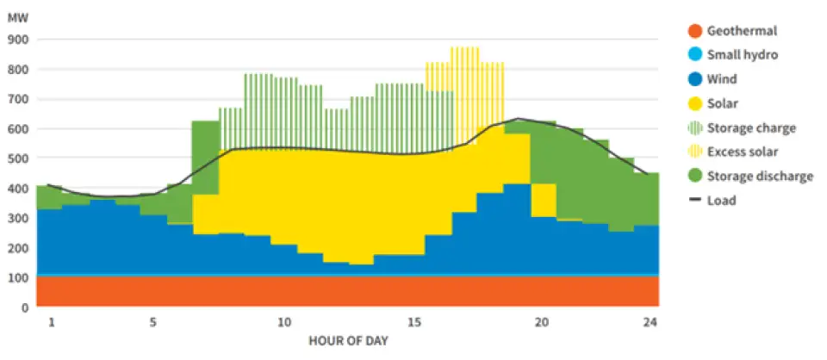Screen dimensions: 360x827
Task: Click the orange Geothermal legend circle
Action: pyautogui.click(x=694, y=31)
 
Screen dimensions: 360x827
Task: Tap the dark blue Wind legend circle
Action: pyautogui.click(x=694, y=79)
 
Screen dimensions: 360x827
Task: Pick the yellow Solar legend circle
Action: pyautogui.click(x=694, y=103)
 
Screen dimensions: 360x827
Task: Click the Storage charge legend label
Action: pyautogui.click(x=751, y=127)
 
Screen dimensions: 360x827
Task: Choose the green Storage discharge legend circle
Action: pyautogui.click(x=694, y=176)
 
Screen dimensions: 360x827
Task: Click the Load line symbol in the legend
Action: pyautogui.click(x=694, y=201)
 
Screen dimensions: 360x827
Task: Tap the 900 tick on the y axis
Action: pyautogui.click(x=17, y=40)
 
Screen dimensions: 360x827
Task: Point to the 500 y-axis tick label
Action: pyautogui.click(x=17, y=158)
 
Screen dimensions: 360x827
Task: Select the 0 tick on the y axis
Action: pyautogui.click(x=24, y=307)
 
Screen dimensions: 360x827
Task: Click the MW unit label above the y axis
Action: pyautogui.click(x=18, y=15)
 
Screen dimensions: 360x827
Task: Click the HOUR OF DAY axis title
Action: pyautogui.click(x=348, y=341)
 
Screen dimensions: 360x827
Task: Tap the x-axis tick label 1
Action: pyautogui.click(x=51, y=323)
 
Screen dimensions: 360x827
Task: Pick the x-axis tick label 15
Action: pyautogui.click(x=414, y=323)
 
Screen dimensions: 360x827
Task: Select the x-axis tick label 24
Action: pyautogui.click(x=646, y=323)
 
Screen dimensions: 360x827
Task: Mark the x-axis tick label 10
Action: pyautogui.click(x=283, y=323)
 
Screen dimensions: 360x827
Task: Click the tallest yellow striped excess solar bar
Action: pyautogui.click(x=465, y=95)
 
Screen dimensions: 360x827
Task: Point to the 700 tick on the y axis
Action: pyautogui.click(x=17, y=99)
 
